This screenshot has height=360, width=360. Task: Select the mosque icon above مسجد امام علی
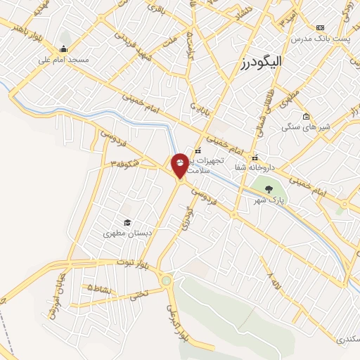64,49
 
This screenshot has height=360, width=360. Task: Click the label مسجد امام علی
64,60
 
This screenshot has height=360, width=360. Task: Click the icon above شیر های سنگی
306,117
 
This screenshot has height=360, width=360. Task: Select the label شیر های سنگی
303,127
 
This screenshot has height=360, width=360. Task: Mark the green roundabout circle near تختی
166,281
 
